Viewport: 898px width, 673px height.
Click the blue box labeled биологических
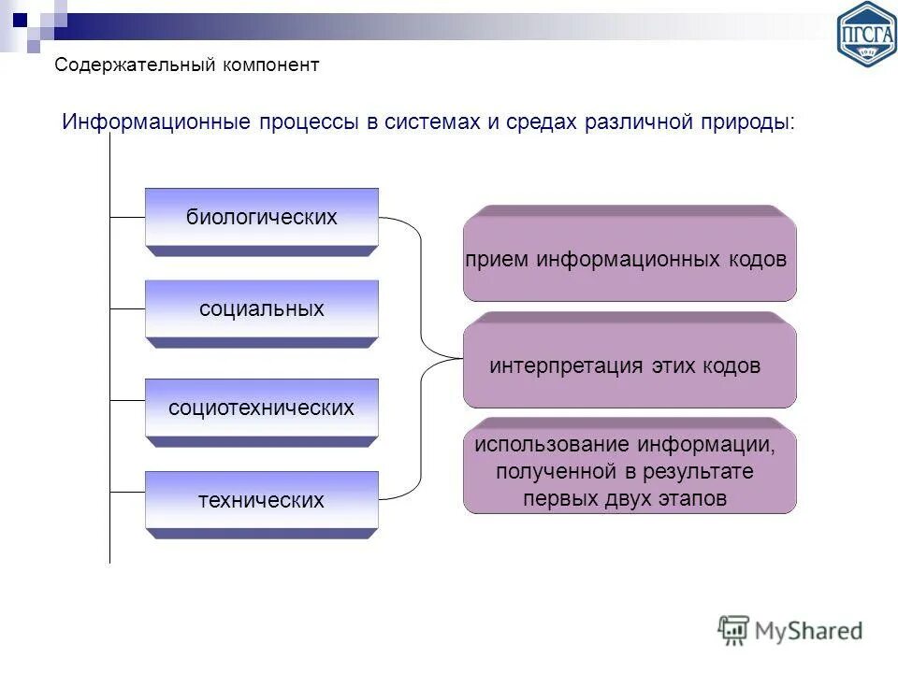(261, 218)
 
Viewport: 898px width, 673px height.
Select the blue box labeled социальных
(261, 309)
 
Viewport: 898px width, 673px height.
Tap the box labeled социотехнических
(261, 408)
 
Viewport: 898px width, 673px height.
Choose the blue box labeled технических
(261, 500)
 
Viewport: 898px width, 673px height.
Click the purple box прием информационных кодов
(630, 259)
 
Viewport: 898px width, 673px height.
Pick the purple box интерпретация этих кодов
(630, 365)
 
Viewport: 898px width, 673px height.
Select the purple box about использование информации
(630, 471)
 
